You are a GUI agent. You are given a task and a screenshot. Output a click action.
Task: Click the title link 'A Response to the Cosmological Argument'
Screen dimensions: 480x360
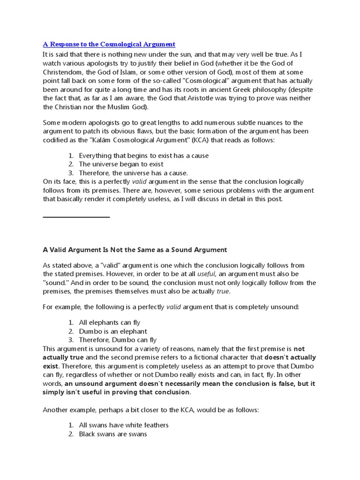[109, 44]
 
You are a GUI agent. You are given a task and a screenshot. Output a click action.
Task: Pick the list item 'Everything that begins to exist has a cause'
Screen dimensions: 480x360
[143, 155]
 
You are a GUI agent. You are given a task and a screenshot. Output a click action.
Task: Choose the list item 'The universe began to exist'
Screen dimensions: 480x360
[121, 164]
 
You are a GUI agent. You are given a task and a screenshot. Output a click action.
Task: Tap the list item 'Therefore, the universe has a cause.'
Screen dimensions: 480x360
[133, 172]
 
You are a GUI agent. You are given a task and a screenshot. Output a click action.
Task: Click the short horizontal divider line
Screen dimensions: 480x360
[76, 217]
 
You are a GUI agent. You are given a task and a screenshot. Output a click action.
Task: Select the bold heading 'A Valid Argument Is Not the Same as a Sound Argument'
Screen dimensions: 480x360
[135, 249]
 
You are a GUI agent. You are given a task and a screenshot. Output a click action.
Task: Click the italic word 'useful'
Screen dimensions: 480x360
[206, 274]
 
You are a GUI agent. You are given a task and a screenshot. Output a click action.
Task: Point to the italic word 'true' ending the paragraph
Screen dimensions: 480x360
[223, 292]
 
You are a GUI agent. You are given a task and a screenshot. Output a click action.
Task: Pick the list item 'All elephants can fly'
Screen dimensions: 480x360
[109, 322]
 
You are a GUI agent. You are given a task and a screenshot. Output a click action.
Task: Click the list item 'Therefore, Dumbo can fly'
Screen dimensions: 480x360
[118, 340]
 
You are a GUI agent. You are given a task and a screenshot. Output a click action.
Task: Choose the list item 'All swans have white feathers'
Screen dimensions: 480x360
[124, 425]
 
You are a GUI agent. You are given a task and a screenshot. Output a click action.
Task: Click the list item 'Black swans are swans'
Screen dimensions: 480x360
[112, 434]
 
